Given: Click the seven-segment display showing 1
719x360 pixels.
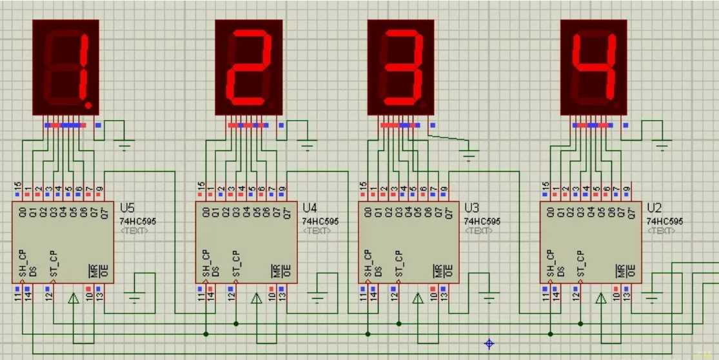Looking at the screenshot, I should coord(66,67).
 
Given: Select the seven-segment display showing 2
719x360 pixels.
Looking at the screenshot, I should coord(249,67).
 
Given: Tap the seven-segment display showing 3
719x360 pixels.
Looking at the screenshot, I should coord(401,67).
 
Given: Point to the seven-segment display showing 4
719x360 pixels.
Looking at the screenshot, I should coord(593,67).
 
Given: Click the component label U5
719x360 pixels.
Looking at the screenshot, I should coord(128,208).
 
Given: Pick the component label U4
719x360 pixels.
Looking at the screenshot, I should coord(310,208).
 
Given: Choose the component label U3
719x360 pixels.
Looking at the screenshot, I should coord(472,208).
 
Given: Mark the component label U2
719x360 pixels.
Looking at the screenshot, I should coord(655,208).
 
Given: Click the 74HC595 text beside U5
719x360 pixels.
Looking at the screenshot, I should coord(137,221).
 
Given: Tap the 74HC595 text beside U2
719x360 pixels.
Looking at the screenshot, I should coord(665,221).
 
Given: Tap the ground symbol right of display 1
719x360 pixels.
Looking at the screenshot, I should coord(126,145).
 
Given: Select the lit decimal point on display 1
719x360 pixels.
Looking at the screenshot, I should coord(90,104).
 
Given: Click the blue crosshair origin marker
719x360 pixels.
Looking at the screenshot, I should coord(489,343).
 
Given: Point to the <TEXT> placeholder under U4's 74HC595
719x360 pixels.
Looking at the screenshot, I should coord(317,230).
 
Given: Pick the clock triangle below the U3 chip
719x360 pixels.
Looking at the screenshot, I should coord(417,298).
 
